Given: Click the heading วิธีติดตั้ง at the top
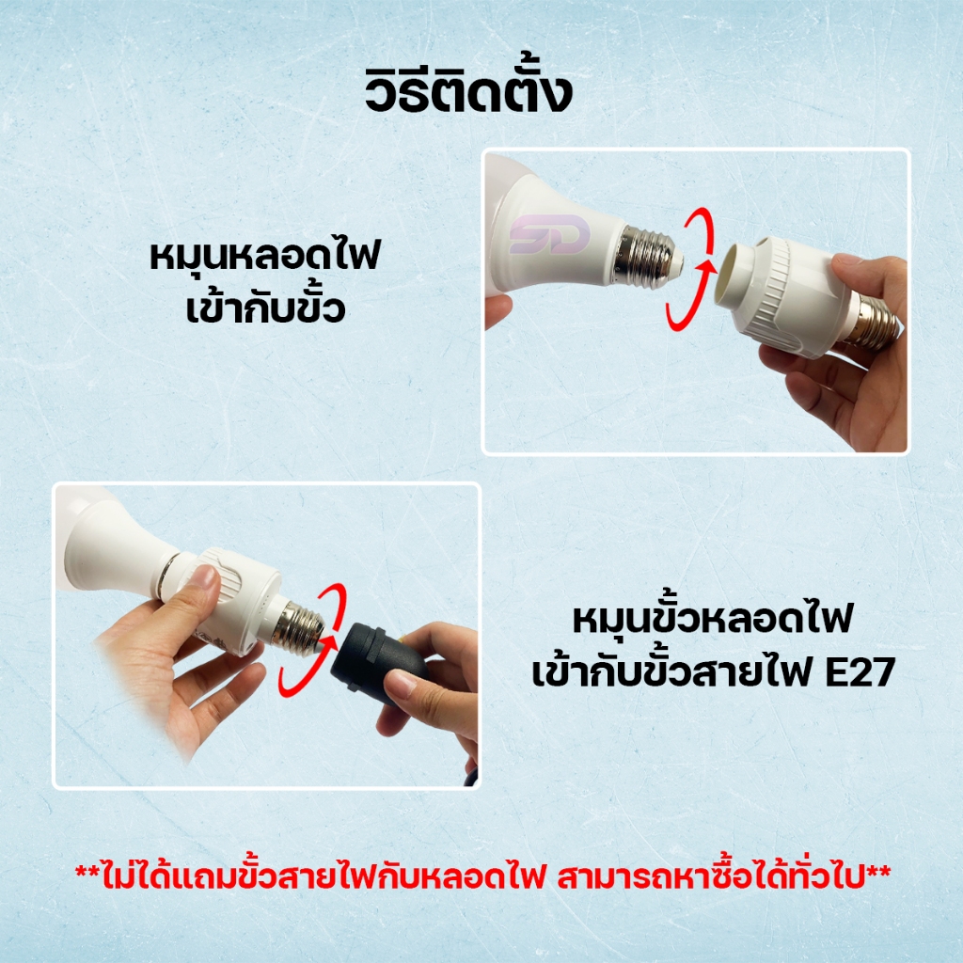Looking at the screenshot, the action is (x=468, y=91).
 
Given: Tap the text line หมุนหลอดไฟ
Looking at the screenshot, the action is (x=265, y=256).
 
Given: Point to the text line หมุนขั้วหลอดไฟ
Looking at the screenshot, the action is (x=713, y=619).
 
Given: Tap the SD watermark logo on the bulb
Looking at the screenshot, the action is (x=549, y=234).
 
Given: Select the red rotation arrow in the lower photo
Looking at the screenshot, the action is (x=310, y=639).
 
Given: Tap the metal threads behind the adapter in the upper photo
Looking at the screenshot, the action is (x=872, y=320).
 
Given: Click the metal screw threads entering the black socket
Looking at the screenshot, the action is (x=300, y=626).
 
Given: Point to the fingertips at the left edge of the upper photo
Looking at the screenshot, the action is (x=497, y=310).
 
